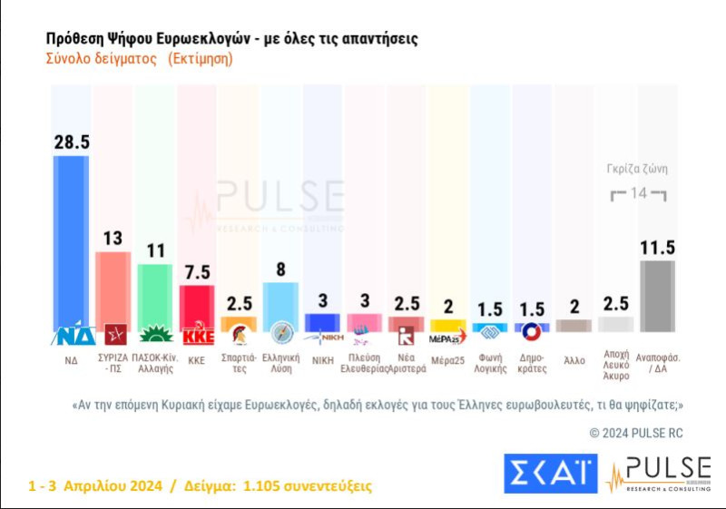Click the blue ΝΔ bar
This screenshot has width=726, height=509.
72,240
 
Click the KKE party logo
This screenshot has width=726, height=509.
197,336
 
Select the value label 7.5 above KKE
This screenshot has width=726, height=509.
197,272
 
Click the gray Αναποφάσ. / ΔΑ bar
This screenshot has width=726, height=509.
657,296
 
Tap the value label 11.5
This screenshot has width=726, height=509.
657,247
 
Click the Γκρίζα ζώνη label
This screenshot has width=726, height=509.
638,168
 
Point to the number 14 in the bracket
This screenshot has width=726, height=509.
638,193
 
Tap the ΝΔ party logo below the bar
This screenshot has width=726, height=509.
72,336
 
